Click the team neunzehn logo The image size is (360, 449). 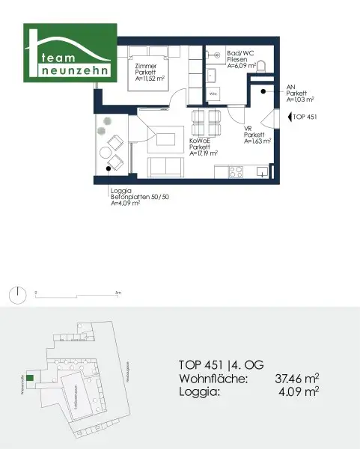point(69,55)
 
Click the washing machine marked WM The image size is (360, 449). point(213,94)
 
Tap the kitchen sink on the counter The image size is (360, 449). point(261,171)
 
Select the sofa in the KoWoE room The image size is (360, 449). point(165,168)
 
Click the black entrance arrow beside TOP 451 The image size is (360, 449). point(287,117)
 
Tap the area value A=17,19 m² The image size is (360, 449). point(204,153)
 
